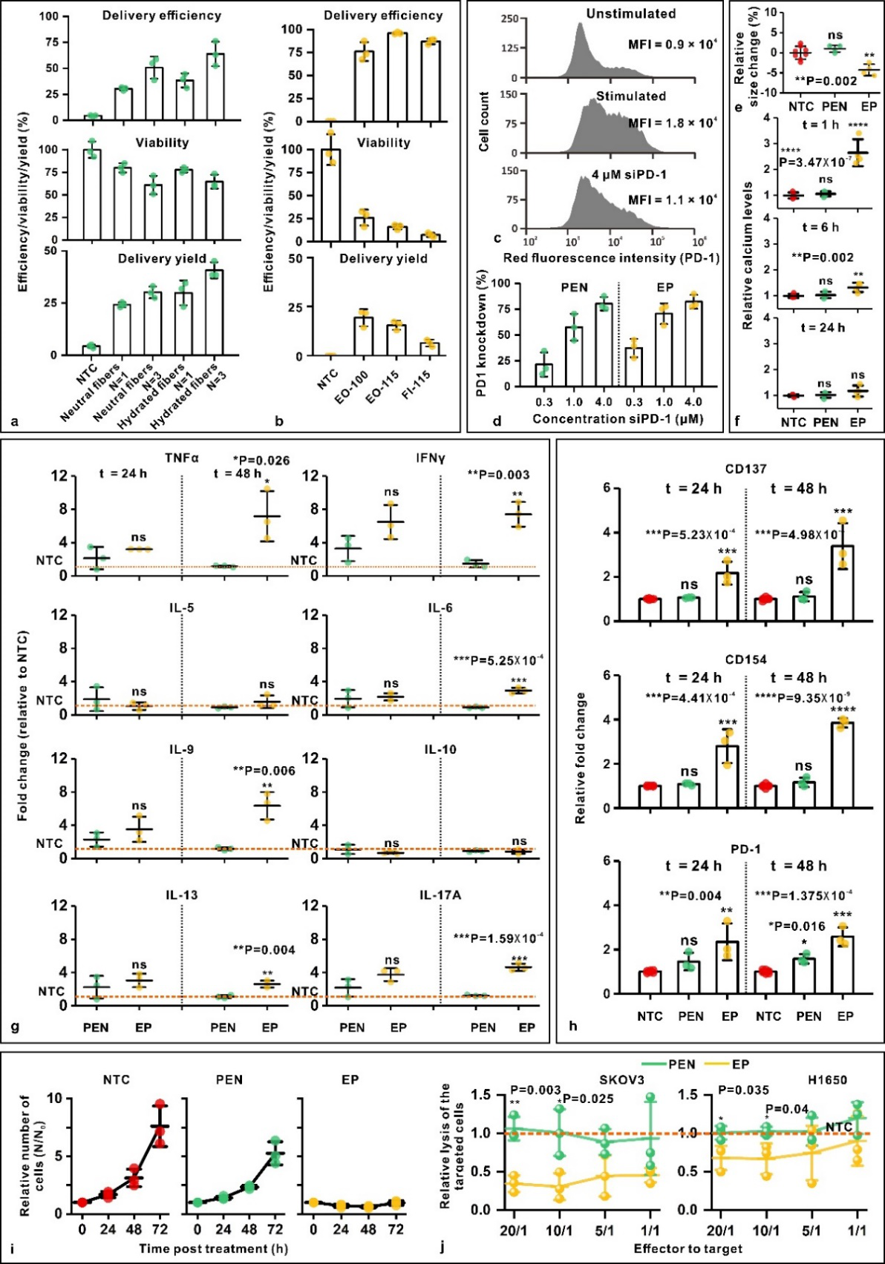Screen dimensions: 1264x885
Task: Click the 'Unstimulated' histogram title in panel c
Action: (630, 14)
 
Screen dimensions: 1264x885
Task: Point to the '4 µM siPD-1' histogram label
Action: (629, 175)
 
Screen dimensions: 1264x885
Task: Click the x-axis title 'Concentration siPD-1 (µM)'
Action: (617, 419)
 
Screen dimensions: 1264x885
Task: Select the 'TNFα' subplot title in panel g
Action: (183, 459)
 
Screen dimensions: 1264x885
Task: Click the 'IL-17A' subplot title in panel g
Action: (440, 895)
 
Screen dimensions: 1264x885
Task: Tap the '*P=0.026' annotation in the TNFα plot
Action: (261, 461)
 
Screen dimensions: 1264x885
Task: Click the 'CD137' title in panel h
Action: (745, 469)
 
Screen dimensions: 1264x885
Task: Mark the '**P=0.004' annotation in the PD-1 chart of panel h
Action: (690, 895)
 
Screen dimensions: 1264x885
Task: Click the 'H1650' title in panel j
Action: (826, 1080)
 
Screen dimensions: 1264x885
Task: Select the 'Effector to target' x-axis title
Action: (688, 1249)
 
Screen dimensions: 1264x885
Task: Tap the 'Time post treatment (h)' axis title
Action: (213, 1249)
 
